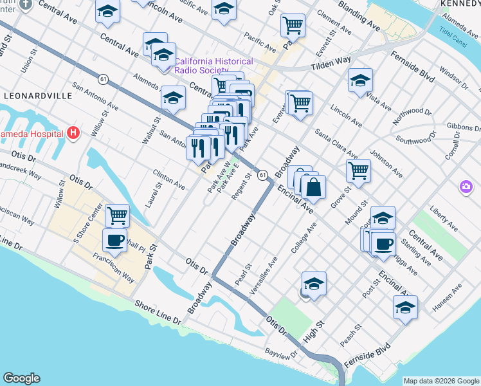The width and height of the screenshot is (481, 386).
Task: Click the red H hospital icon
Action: [73, 134]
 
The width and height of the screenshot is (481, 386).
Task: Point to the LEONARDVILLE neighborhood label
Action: [38, 95]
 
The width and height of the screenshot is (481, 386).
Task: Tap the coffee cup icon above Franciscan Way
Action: [114, 241]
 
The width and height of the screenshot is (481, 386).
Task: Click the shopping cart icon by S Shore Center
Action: [117, 216]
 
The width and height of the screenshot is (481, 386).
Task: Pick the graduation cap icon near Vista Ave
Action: [360, 81]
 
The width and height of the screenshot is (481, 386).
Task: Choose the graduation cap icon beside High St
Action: [314, 284]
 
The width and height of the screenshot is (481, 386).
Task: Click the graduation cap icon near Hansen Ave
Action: [405, 308]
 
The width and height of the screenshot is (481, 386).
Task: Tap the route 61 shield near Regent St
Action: [262, 174]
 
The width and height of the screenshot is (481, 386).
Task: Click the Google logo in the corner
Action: [21, 378]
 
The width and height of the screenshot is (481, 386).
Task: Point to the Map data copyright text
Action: [441, 381]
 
